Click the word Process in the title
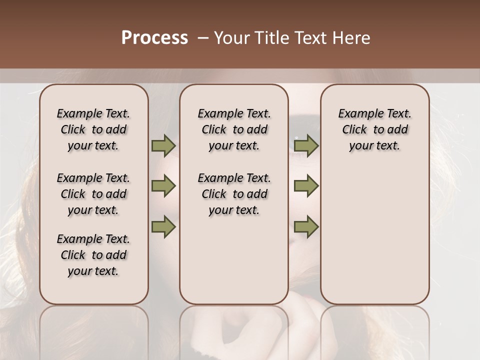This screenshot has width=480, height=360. (154, 38)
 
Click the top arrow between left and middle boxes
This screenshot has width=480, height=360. (163, 145)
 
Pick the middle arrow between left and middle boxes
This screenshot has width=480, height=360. (163, 186)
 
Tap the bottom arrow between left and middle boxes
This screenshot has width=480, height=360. (163, 226)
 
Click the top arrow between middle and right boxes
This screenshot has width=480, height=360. (306, 145)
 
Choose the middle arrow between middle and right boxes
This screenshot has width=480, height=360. (306, 186)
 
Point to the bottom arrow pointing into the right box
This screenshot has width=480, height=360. (306, 226)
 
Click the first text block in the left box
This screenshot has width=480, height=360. (93, 129)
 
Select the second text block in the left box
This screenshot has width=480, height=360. (93, 194)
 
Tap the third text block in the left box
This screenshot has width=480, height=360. (93, 255)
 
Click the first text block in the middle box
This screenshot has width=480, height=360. (234, 129)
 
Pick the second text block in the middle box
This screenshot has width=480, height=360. (234, 194)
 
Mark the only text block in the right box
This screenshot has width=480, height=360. (375, 129)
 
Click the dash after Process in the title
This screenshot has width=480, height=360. (202, 38)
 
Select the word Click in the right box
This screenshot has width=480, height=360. (354, 130)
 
